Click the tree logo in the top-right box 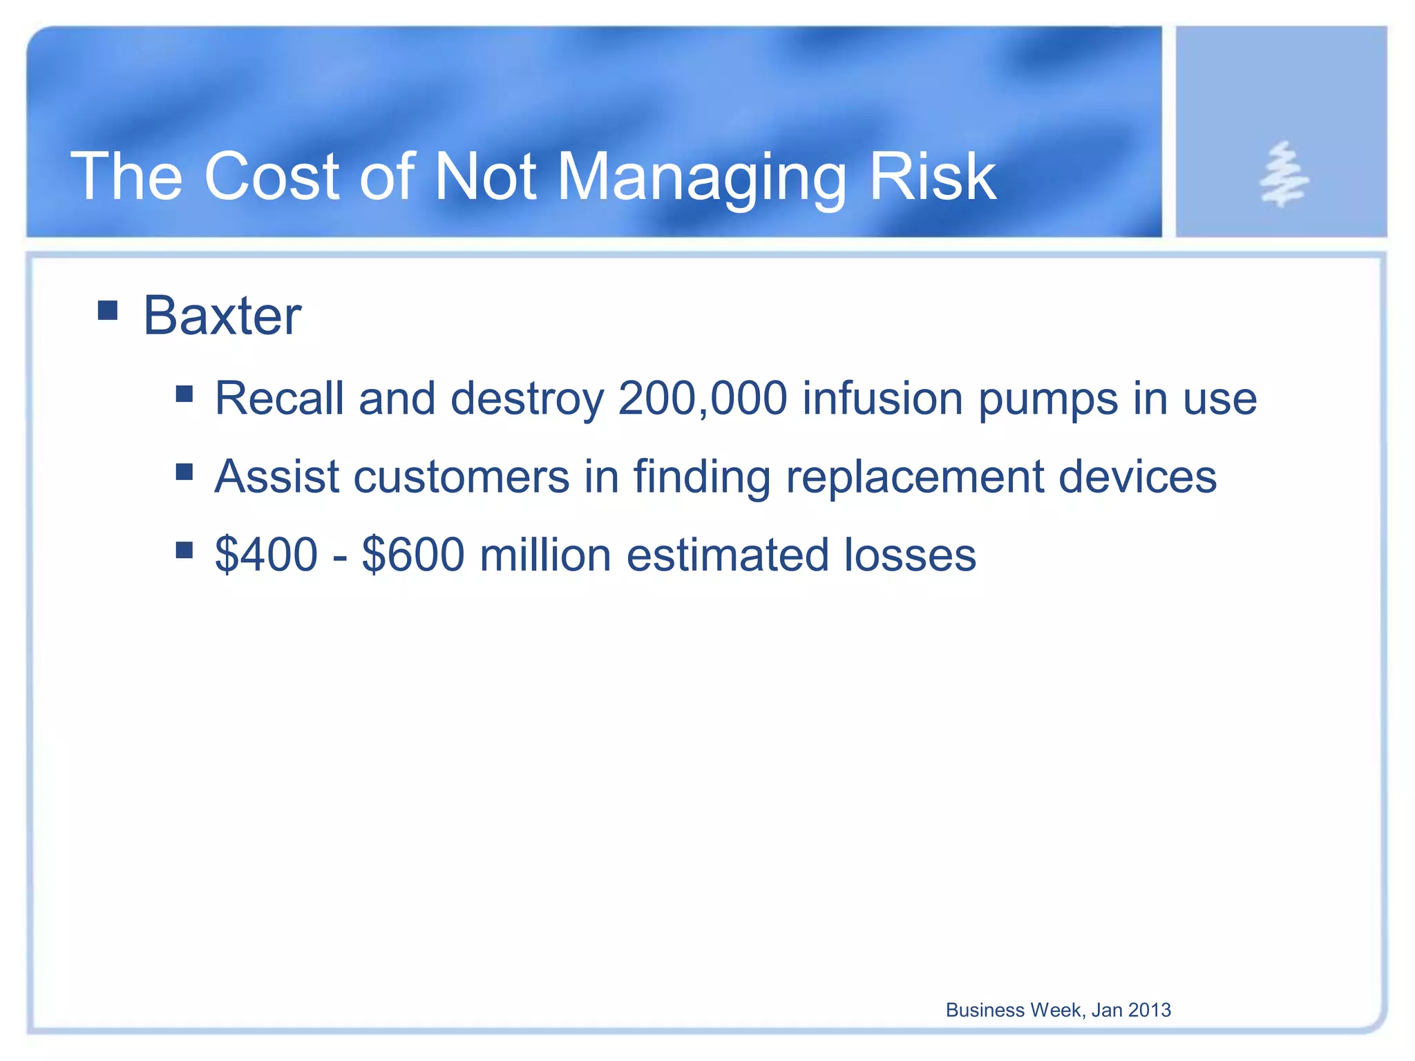coord(1282,175)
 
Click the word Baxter coord(222,316)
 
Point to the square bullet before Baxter coord(108,310)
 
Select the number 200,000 coord(702,399)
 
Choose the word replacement coord(914,478)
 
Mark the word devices coord(1137,477)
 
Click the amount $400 coord(266,555)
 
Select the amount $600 coord(412,555)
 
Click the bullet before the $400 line coord(184,550)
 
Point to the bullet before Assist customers coord(184,472)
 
